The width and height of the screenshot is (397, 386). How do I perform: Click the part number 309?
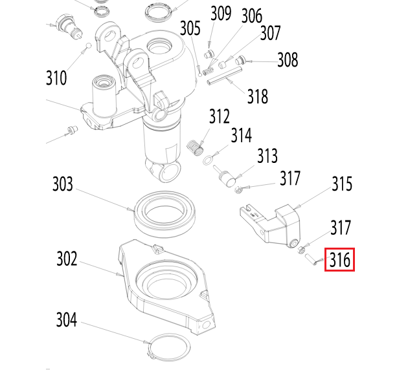pos(221,13)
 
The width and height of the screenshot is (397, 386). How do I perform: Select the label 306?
pos(252,17)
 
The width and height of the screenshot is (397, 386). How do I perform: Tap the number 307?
pos(270,32)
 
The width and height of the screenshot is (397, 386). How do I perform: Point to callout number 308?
pos(288,60)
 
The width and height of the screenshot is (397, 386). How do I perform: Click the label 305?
pos(190,28)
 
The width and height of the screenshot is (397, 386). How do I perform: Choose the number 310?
pos(56,79)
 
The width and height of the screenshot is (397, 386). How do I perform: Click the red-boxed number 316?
pos(339,261)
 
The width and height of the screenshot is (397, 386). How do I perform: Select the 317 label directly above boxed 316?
pos(341,228)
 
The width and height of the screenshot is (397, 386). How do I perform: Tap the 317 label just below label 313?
pos(290,178)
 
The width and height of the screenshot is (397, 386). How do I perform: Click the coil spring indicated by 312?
pos(194,147)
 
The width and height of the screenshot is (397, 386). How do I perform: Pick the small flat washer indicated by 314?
pos(207,160)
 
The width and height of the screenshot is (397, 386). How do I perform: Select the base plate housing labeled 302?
pos(164,284)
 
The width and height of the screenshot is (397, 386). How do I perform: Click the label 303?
pos(63,185)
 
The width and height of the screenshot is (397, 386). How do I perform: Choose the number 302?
pos(66,259)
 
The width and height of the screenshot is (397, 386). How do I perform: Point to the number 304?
pos(66,320)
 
